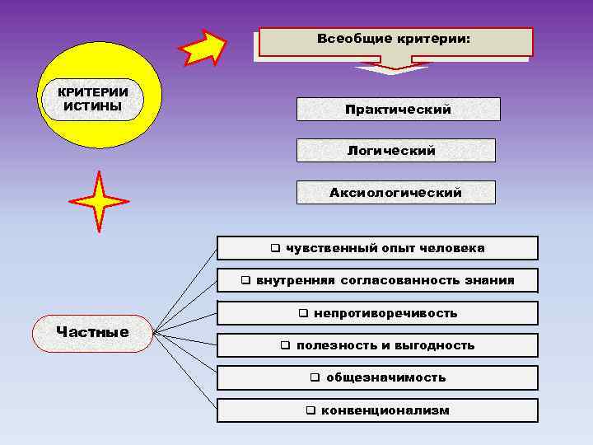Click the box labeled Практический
pos(398,110)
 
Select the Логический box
pos(395,151)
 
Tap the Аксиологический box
pos(395,193)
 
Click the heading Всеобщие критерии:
pos(395,40)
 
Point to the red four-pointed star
pos(99,201)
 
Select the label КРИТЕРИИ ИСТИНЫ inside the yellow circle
pos(92,99)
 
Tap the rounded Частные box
pos(92,332)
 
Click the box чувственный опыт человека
pos(377,248)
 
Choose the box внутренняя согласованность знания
pos(377,280)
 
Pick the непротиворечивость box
pos(377,313)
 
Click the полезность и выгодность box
pos(377,345)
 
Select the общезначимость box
pos(377,377)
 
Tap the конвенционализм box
pos(377,410)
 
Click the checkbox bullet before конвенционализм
pos(311,410)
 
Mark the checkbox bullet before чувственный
pos(275,248)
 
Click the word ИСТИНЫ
pos(92,106)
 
